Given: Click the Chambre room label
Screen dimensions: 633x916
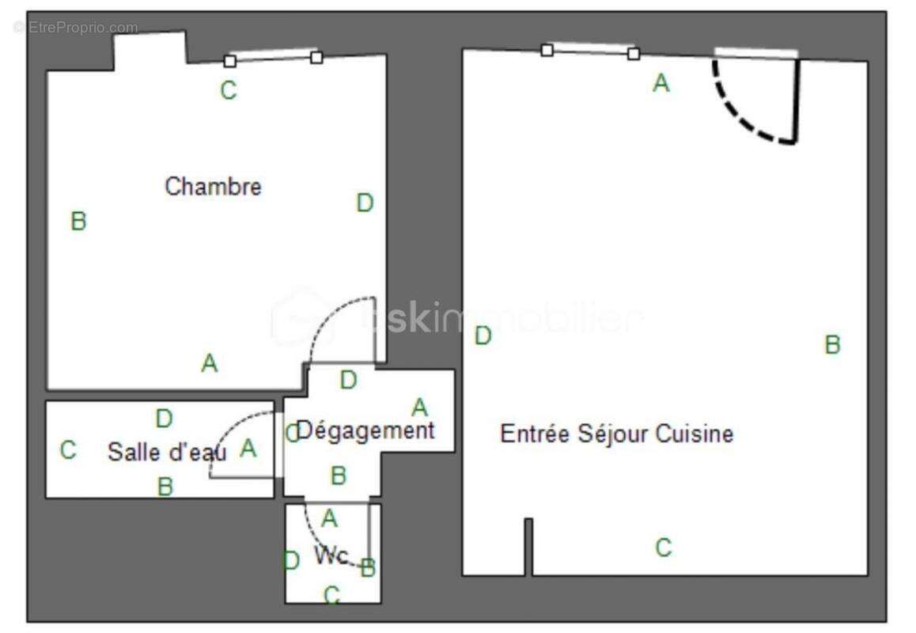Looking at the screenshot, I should pyautogui.click(x=213, y=187).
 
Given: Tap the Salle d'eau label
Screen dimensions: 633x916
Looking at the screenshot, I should pyautogui.click(x=167, y=452).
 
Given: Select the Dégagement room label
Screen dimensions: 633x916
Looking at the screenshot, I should pyautogui.click(x=365, y=431).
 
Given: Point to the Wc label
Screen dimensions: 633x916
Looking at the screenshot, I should pyautogui.click(x=331, y=555).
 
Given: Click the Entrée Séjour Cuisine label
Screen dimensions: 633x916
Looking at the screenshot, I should pyautogui.click(x=616, y=434).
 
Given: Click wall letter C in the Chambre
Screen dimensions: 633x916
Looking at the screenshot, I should pyautogui.click(x=228, y=91).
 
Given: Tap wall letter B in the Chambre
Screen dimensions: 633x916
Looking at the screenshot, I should pyautogui.click(x=78, y=221).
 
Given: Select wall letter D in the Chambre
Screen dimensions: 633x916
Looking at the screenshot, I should pyautogui.click(x=364, y=203).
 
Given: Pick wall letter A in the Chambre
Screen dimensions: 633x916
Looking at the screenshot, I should pyautogui.click(x=209, y=364).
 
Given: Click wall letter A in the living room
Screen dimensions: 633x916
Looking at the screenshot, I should pyautogui.click(x=661, y=83).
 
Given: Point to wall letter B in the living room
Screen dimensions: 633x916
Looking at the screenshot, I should pyautogui.click(x=832, y=345).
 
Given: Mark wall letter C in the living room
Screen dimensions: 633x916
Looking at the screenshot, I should pyautogui.click(x=664, y=547).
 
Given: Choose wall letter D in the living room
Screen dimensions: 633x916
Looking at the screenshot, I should pyautogui.click(x=483, y=336).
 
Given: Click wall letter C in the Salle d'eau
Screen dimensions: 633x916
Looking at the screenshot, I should pyautogui.click(x=68, y=450).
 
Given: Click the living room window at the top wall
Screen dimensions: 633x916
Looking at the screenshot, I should pyautogui.click(x=590, y=51).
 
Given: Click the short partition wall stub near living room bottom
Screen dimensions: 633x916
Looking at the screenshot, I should pyautogui.click(x=528, y=546).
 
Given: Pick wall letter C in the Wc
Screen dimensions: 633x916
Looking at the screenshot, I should pyautogui.click(x=332, y=594).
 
